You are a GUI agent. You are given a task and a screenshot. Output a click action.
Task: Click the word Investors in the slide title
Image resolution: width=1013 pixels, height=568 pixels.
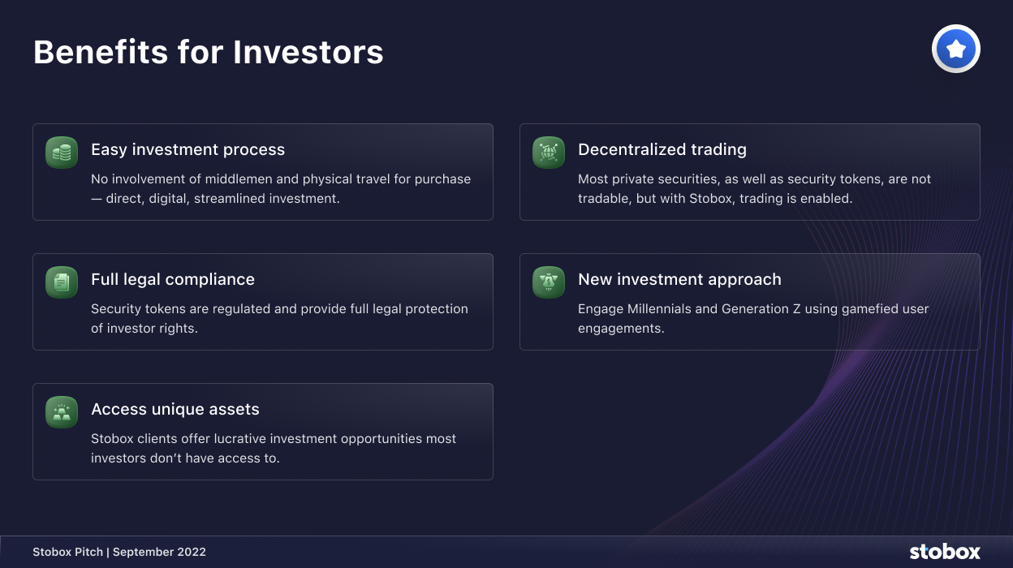308,52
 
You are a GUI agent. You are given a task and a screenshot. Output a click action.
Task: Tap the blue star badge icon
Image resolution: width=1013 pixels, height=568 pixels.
956,49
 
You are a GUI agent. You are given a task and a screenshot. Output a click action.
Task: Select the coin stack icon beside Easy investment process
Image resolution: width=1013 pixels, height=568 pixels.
62,153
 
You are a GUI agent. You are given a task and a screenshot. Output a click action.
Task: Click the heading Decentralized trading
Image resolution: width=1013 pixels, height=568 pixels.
662,149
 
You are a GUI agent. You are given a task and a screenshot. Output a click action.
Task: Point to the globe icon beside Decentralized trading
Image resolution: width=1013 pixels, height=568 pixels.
549,153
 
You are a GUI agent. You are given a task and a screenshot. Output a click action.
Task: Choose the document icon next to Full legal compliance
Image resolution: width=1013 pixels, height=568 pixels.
62,282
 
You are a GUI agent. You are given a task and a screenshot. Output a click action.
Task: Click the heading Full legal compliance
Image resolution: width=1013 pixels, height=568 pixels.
173,279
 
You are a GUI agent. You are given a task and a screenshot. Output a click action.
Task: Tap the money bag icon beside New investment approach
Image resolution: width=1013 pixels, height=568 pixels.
549,282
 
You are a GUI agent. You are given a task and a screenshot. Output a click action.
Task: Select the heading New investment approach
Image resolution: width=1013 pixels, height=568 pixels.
679,279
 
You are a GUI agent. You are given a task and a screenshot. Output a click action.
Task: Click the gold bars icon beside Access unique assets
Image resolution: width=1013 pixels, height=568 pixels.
62,412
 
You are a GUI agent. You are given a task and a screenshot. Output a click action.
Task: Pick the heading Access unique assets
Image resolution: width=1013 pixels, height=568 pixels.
175,409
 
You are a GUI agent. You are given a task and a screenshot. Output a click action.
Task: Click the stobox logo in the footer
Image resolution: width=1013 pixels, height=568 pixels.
945,552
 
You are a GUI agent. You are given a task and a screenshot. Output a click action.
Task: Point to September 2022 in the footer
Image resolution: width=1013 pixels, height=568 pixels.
159,552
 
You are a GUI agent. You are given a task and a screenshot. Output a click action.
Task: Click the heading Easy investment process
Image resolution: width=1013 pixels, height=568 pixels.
188,149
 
